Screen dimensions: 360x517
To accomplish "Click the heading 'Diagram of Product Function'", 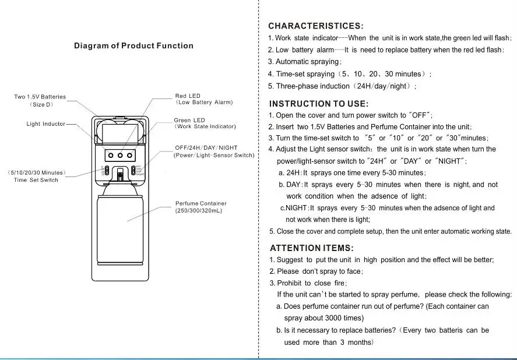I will pos(133,45).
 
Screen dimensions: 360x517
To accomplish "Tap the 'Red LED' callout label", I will pos(188,96).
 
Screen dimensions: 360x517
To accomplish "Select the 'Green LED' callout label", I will pos(189,120).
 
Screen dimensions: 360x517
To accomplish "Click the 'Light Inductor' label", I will pos(46,124).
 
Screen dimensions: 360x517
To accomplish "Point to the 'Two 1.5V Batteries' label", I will pos(40,97).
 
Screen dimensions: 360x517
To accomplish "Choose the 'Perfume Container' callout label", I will pos(201,203).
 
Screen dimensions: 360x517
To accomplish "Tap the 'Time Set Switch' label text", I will pos(36,180).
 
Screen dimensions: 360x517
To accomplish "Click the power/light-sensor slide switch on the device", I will pos(133,171).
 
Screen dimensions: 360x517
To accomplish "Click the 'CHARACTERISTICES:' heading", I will pos(315,26).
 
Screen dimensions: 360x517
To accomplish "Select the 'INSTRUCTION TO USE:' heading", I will pos(318,104).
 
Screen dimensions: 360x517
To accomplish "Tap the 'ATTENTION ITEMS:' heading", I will pos(311,248).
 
